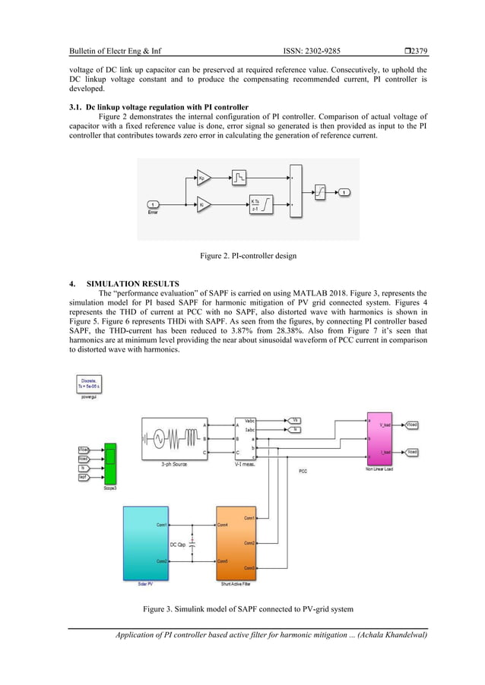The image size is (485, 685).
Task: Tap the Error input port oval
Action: [153, 204]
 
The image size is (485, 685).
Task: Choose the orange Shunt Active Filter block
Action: [238, 543]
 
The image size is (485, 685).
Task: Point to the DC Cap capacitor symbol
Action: [192, 542]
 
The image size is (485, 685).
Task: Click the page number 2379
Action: [417, 51]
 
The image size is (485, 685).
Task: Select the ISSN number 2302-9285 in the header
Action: [312, 51]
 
